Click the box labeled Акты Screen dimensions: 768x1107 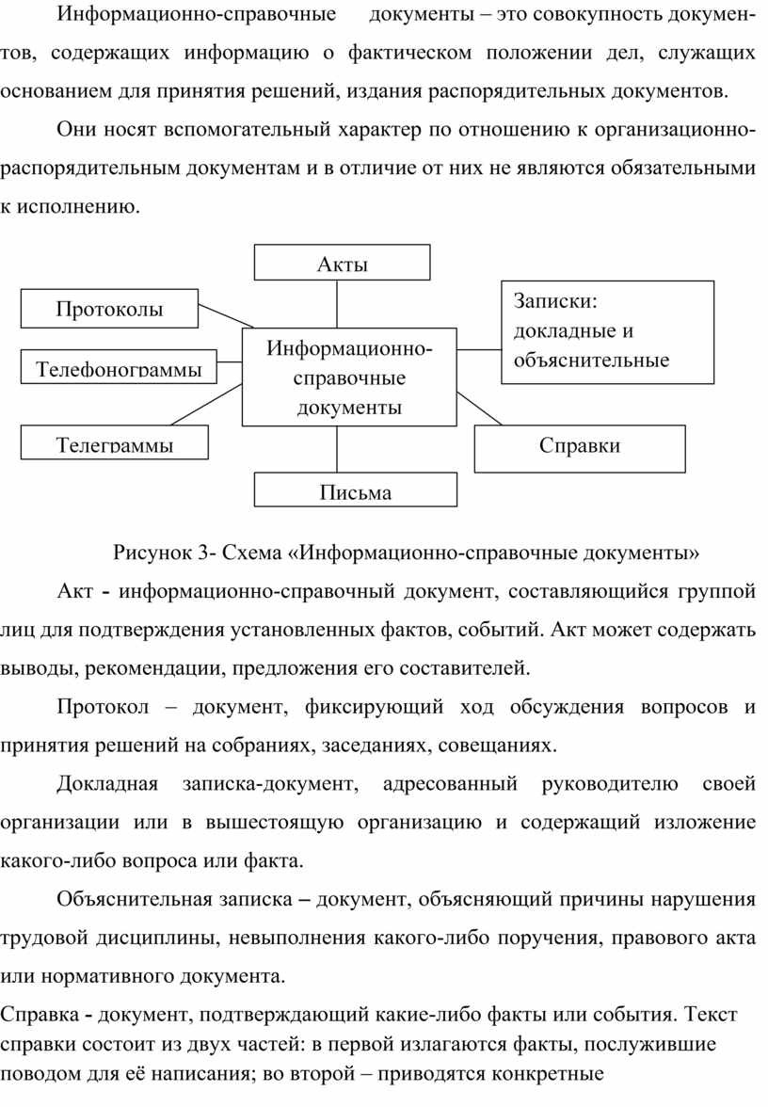click(x=342, y=263)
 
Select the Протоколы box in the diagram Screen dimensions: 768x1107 click(x=109, y=309)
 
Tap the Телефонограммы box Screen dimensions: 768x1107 click(x=119, y=366)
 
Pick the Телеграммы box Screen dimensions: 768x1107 click(x=115, y=442)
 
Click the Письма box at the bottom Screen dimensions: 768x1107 click(x=356, y=489)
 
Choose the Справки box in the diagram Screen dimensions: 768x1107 click(x=580, y=448)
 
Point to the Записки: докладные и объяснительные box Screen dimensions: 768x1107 click(x=608, y=331)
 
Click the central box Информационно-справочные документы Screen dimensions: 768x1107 click(x=349, y=377)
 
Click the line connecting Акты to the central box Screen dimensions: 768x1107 click(x=337, y=304)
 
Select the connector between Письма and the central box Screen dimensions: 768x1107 click(x=337, y=449)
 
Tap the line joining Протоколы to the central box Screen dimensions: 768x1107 click(x=226, y=315)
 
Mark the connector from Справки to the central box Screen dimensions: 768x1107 click(x=479, y=409)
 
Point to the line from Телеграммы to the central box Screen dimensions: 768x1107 click(x=206, y=405)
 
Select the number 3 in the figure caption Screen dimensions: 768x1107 click(x=203, y=552)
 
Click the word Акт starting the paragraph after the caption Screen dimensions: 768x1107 click(x=75, y=590)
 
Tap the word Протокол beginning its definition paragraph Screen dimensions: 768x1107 click(x=104, y=707)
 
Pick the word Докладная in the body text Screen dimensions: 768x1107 click(x=107, y=784)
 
